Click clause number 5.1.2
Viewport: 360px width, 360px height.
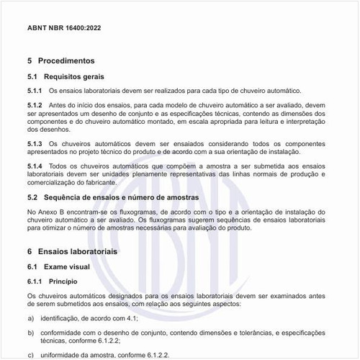(35, 107)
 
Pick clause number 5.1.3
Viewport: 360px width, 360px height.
(35, 144)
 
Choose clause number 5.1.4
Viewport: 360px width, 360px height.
(35, 166)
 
